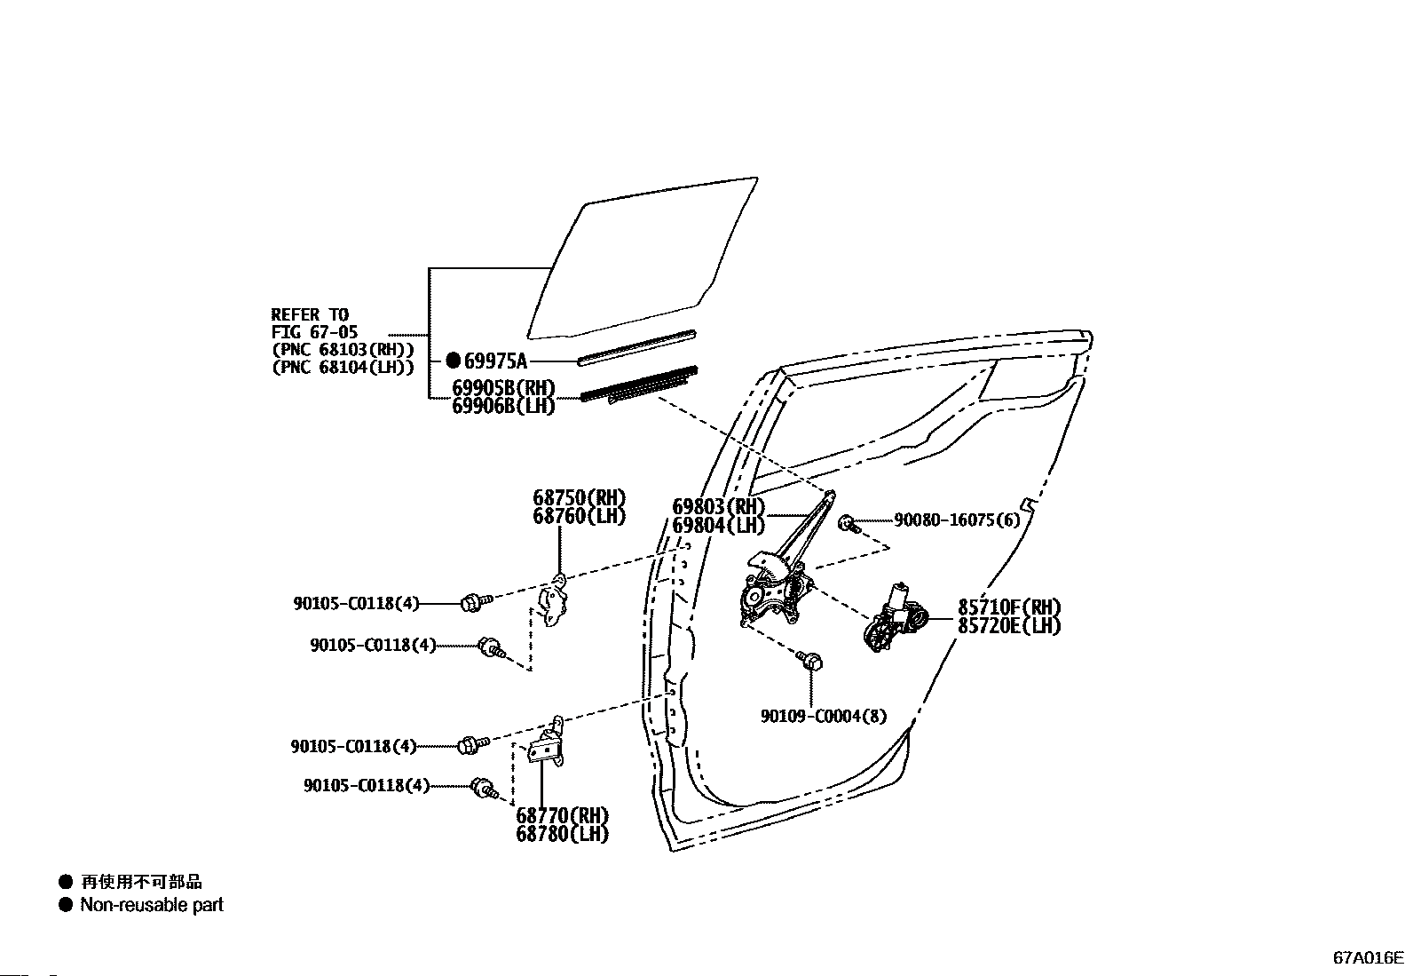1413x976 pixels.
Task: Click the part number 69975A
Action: (x=495, y=361)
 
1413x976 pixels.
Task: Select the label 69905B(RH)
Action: (x=503, y=388)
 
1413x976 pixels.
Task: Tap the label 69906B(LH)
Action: (x=503, y=406)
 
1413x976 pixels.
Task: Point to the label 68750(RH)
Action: (x=579, y=497)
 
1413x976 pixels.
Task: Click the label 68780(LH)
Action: (x=563, y=834)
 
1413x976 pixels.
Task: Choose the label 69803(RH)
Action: (x=718, y=507)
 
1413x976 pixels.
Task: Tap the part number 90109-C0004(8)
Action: (x=823, y=716)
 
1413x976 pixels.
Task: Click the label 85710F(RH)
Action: (x=1009, y=607)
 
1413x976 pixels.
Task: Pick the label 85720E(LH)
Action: (x=1009, y=625)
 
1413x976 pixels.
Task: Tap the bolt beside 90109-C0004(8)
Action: (x=809, y=661)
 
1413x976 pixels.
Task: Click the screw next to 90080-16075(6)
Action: (x=850, y=523)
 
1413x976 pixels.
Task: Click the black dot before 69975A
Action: (x=453, y=361)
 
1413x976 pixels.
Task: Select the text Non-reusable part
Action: (x=152, y=905)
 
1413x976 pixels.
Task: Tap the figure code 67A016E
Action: (x=1368, y=958)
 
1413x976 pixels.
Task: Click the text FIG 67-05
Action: (x=314, y=332)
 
